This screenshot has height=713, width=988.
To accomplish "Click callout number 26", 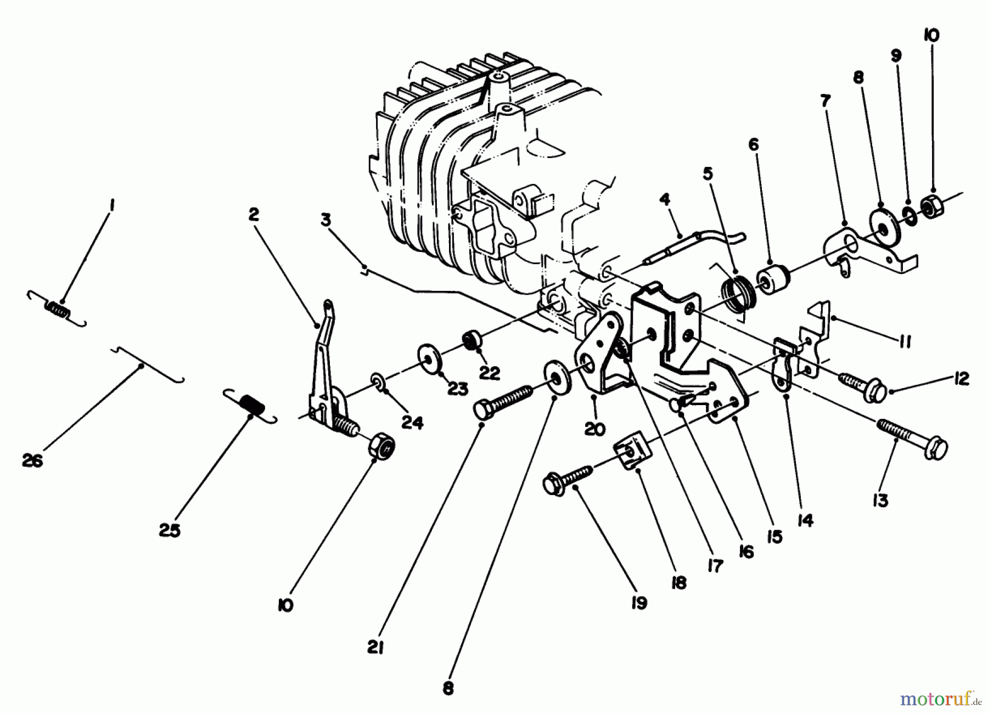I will (32, 461).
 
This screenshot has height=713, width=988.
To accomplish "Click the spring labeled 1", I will (58, 310).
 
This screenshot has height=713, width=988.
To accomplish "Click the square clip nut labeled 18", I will (632, 455).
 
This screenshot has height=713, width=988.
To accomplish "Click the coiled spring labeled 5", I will (738, 294).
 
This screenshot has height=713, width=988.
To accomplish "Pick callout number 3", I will (326, 220).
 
